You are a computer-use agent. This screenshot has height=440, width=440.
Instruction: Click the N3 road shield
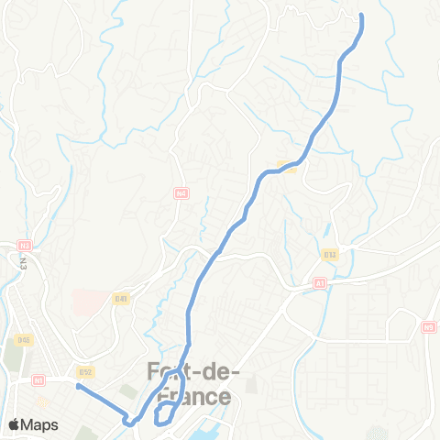(25, 245)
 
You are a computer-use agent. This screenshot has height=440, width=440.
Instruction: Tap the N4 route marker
(181, 193)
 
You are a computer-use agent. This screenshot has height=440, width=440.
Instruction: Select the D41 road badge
(121, 298)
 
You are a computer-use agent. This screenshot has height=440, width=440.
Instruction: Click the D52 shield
(85, 372)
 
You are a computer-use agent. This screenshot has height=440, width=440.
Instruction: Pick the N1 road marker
(38, 379)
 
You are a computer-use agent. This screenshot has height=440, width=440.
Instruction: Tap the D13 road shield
(330, 254)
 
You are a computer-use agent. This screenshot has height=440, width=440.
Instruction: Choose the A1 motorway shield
(320, 283)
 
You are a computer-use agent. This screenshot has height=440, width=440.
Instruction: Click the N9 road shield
(429, 326)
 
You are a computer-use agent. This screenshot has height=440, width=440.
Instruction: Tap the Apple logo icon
(16, 424)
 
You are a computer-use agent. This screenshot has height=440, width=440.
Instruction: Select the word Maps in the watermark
(40, 424)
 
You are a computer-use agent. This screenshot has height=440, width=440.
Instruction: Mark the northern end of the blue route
(361, 16)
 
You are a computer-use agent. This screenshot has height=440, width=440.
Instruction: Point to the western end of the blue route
(77, 387)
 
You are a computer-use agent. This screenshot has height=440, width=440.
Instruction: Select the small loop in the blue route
(165, 413)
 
